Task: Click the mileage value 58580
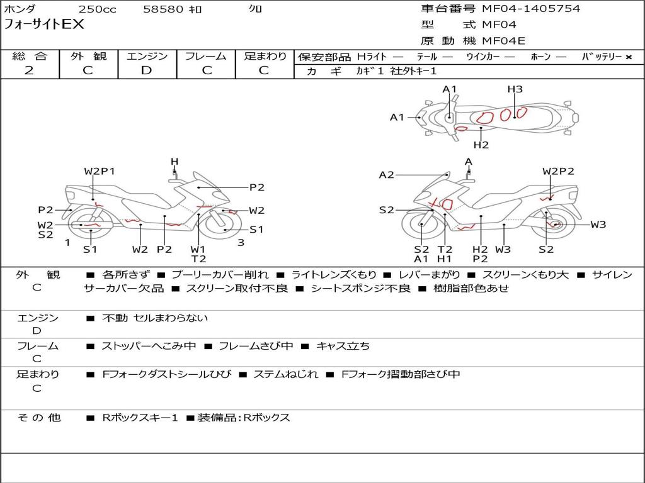coord(163,9)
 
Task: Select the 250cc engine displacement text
coord(96,9)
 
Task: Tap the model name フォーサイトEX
coord(44,25)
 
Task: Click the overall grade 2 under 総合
coord(29,70)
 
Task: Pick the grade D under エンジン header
coord(146,70)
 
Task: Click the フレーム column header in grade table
coord(205,57)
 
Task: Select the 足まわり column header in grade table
coord(265,57)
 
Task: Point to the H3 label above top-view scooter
coord(515,89)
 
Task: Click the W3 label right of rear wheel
coord(598,225)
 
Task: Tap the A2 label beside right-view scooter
coord(386,175)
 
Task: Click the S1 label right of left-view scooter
coord(256,230)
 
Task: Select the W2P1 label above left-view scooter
coord(100,171)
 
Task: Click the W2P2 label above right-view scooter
coord(558,171)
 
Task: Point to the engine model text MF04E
coord(503,41)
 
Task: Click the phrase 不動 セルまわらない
coord(155,318)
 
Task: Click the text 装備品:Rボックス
coord(244,418)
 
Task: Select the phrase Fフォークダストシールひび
coord(166,374)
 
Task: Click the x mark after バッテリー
coord(629,57)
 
